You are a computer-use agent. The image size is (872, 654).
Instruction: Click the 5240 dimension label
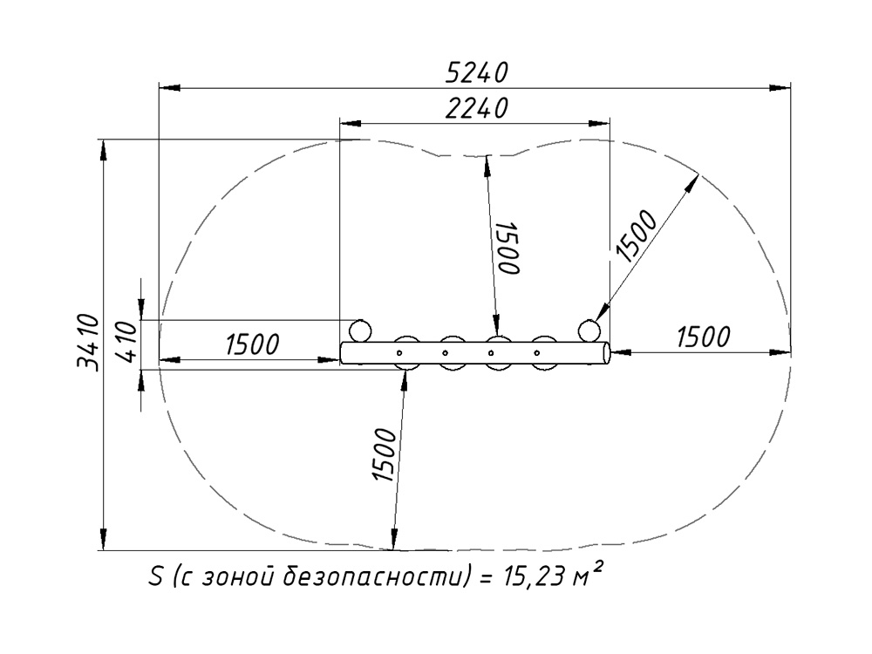pyautogui.click(x=477, y=73)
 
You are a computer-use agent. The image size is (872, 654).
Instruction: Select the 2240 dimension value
pyautogui.click(x=477, y=108)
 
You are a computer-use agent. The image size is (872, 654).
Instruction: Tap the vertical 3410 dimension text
pyautogui.click(x=88, y=343)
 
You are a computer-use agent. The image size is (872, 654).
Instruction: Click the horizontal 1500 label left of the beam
pyautogui.click(x=252, y=344)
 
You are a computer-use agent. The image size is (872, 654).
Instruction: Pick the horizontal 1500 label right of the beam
pyautogui.click(x=703, y=337)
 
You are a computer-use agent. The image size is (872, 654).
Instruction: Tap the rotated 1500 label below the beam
pyautogui.click(x=385, y=455)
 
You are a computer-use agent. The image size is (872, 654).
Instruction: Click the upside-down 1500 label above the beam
pyautogui.click(x=508, y=248)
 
